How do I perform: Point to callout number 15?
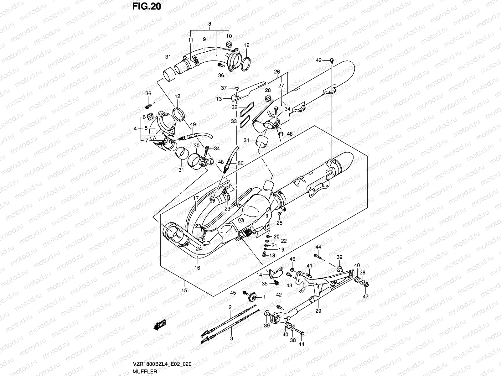click(184, 290)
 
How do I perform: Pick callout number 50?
click(240, 164)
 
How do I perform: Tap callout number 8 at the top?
click(209, 24)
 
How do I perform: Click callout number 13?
click(219, 99)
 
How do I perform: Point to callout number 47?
click(365, 296)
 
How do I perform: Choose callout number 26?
click(277, 72)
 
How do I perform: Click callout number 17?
click(196, 198)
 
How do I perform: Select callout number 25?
click(279, 223)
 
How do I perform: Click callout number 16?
click(197, 268)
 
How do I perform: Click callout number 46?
click(292, 259)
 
